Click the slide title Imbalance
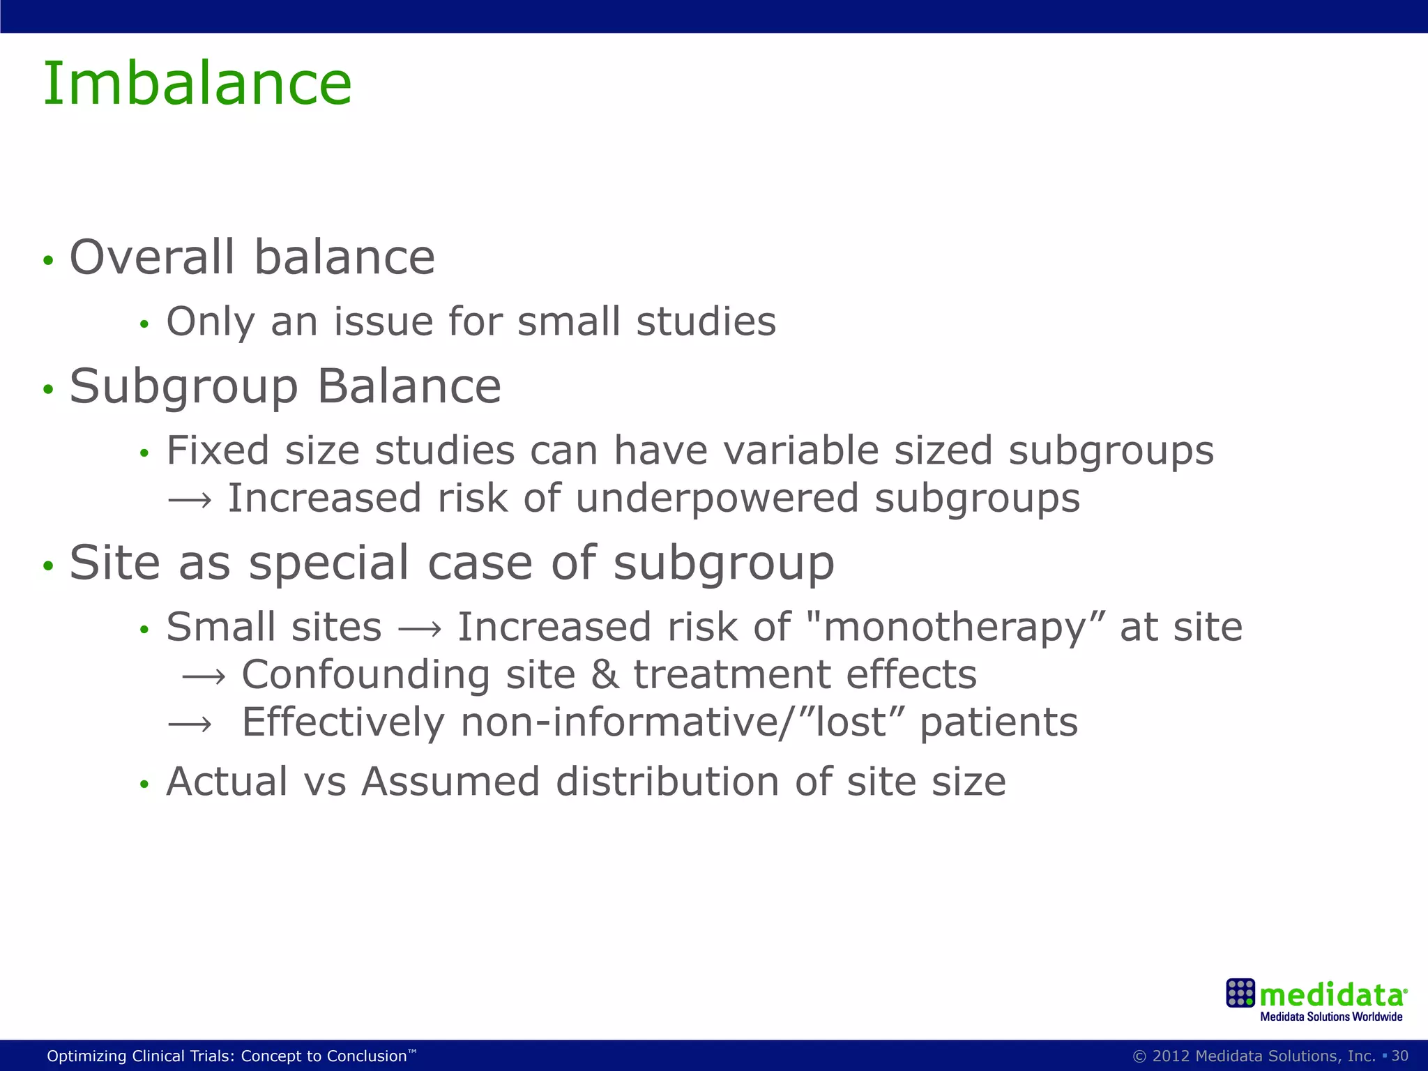(197, 84)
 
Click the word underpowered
(717, 499)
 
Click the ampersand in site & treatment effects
(605, 675)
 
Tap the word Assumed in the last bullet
(450, 782)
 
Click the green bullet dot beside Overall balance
(47, 261)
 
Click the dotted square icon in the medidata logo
(1240, 993)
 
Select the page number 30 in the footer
(1399, 1056)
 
